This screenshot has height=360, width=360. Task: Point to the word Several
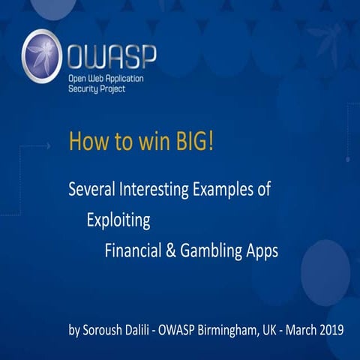(89, 190)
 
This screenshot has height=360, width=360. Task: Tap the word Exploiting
(118, 220)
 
